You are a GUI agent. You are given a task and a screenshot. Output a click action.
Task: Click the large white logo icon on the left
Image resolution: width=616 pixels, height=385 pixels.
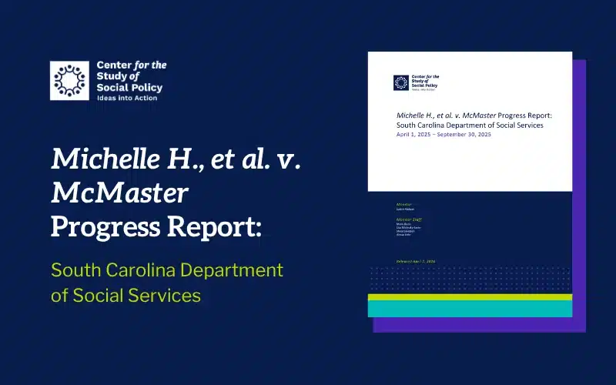70,81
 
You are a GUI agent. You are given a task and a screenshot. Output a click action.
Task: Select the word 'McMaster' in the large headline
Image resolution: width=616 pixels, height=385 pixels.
119,192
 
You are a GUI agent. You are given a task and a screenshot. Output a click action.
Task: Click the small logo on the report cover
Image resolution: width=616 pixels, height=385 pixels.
401,82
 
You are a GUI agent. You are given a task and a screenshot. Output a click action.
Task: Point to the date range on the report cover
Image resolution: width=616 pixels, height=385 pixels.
443,135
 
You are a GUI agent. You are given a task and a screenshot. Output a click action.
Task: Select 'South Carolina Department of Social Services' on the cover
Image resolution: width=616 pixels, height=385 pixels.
470,125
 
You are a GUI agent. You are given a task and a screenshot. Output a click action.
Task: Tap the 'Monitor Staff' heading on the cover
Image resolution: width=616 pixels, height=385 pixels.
409,220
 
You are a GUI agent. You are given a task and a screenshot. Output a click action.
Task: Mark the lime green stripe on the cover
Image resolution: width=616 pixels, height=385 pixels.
470,296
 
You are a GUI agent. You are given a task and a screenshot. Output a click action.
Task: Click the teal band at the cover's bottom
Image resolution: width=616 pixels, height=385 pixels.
470,308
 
